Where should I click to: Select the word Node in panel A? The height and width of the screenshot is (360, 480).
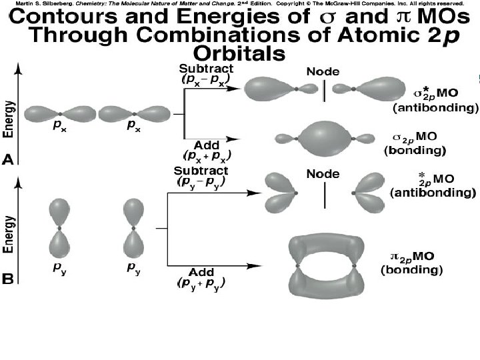tap(322, 71)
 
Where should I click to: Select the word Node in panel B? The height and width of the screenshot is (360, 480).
tap(323, 174)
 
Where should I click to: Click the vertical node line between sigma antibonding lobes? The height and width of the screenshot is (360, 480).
tap(325, 91)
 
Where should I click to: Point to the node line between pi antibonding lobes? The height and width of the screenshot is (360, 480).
tap(325, 193)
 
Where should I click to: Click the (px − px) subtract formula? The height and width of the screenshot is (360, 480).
tap(206, 79)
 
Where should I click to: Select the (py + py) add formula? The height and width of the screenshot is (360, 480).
tap(201, 283)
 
